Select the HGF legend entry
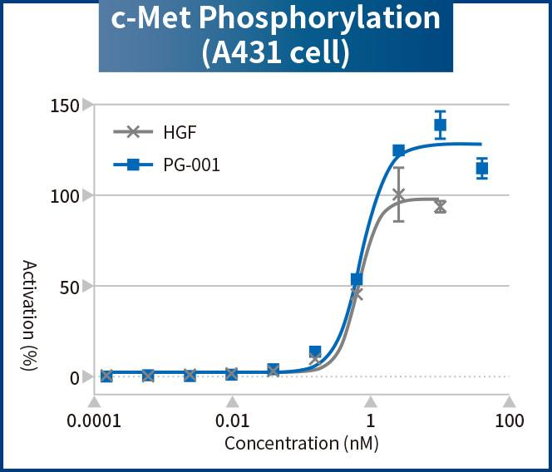[x=180, y=131]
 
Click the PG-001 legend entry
[x=191, y=165]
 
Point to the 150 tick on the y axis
[x=63, y=106]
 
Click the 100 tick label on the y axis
[x=63, y=196]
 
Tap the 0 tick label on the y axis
[x=74, y=377]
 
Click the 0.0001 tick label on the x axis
[x=93, y=420]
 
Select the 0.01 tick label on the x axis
[x=232, y=420]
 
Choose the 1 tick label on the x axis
[x=371, y=420]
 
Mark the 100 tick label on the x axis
[x=510, y=420]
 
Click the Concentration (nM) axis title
[x=302, y=443]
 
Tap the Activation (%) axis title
[x=30, y=316]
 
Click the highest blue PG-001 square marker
[x=441, y=125]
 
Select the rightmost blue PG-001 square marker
[x=482, y=168]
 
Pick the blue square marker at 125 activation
[x=399, y=150]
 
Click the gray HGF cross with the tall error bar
[x=399, y=195]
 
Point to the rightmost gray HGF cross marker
[x=441, y=206]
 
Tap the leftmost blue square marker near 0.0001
[x=106, y=376]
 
